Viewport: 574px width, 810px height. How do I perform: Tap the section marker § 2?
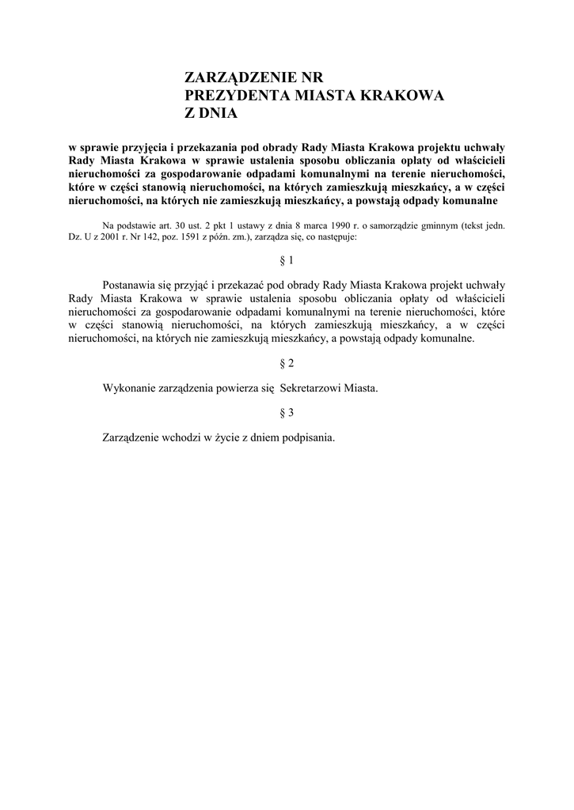287,363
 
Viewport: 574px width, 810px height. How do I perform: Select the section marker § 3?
287,412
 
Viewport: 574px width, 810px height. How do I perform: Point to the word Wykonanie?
128,388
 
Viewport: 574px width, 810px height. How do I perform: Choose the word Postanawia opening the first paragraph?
132,285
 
